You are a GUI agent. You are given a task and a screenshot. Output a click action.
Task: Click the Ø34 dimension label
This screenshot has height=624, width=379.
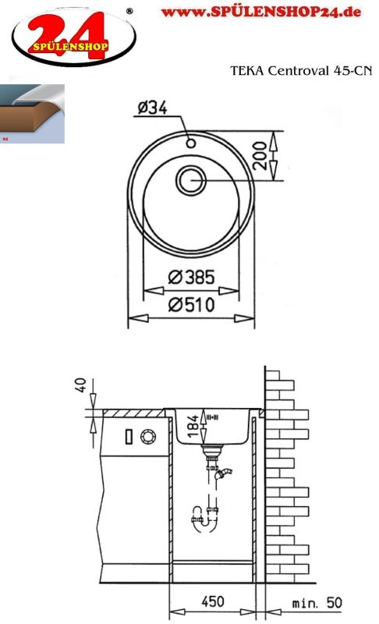click(x=152, y=108)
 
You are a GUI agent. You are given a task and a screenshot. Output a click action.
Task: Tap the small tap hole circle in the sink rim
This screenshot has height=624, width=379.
click(x=191, y=143)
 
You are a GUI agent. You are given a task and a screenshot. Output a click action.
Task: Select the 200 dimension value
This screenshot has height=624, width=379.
click(x=260, y=156)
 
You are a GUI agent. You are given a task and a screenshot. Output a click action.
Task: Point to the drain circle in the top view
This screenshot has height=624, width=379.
click(x=191, y=181)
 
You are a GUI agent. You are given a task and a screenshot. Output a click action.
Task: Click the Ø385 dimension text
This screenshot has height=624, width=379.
click(x=191, y=277)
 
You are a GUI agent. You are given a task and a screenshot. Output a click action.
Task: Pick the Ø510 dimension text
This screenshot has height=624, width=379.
click(x=191, y=305)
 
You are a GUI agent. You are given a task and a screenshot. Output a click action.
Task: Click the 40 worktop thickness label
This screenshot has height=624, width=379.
click(x=80, y=385)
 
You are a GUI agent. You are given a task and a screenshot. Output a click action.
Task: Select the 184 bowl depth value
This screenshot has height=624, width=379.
click(x=193, y=426)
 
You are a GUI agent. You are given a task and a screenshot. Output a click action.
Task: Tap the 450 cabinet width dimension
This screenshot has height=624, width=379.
click(x=213, y=601)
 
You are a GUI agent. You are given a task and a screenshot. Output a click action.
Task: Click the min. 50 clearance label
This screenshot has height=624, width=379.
click(x=317, y=603)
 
